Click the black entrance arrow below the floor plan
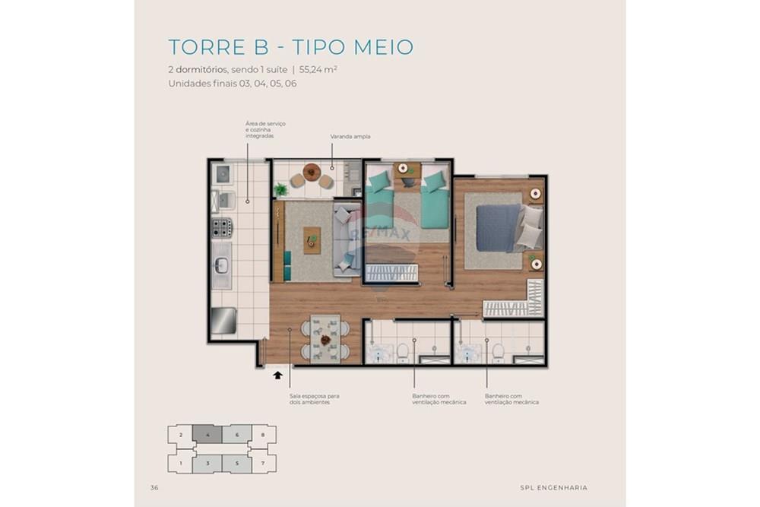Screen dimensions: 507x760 (278, 374)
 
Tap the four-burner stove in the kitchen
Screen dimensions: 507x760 (222, 227)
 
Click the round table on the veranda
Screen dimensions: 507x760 (312, 173)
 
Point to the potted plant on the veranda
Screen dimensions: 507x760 (280, 189)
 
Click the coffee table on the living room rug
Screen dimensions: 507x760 (312, 240)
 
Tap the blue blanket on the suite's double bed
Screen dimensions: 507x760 (498, 227)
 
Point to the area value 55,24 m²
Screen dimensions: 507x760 (318, 69)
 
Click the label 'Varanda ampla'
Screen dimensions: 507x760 (350, 137)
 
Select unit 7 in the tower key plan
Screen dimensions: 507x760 (263, 461)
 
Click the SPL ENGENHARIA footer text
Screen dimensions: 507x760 (553, 488)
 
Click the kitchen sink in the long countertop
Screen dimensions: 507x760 (221, 266)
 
